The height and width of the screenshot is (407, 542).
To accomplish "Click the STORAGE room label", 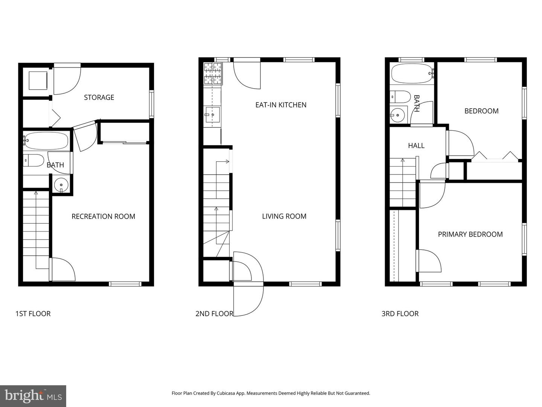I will point(99,97).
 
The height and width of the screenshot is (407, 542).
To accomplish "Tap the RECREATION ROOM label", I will point(103,216).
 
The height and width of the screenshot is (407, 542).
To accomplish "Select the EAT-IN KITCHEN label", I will point(281,105).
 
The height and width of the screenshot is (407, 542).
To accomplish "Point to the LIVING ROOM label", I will point(284,216).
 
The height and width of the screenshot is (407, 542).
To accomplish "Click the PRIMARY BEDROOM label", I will point(470,234).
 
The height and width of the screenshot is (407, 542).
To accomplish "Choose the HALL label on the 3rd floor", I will point(416,145).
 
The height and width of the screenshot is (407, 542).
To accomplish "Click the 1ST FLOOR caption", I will point(33,314).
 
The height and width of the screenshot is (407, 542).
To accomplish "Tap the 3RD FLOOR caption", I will point(400,314).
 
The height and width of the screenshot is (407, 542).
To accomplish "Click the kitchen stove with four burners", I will point(213,73).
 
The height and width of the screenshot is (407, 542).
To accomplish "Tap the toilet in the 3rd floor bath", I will point(400,96).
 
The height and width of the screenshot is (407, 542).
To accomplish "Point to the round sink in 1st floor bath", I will point(61,185).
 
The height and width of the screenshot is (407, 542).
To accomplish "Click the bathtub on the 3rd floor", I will point(412,73).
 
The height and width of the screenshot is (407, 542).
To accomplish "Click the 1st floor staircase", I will point(36,230).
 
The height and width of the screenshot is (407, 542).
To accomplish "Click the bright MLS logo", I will point(33,396).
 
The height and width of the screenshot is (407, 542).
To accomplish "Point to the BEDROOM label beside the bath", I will point(481,111).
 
